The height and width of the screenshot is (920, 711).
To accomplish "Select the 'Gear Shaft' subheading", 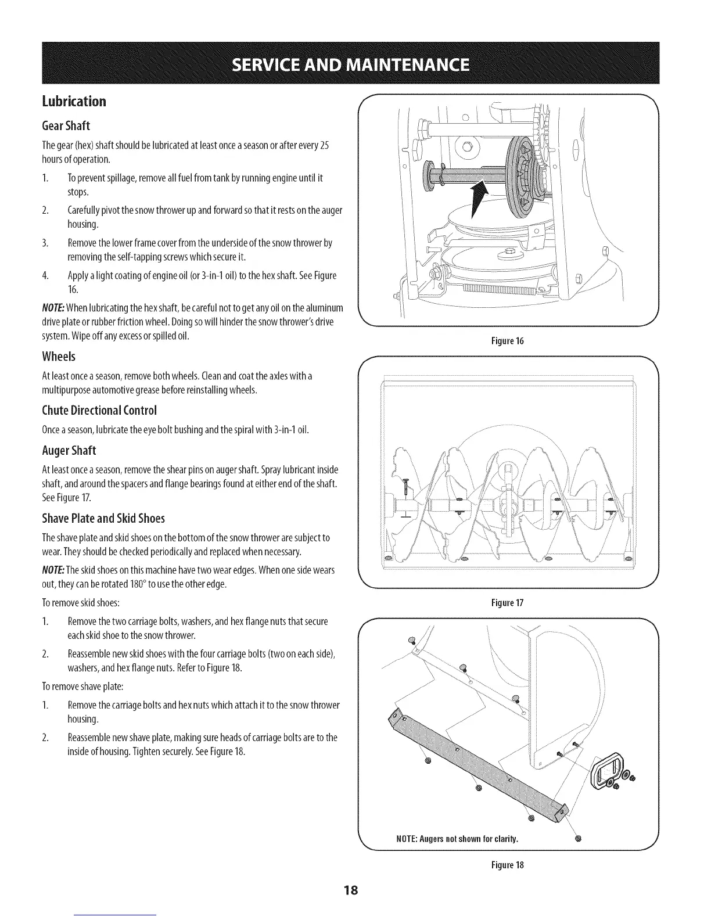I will point(66,125).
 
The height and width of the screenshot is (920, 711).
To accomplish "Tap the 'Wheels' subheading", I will point(59,355).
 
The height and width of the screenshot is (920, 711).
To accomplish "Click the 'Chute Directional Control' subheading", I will point(99,410).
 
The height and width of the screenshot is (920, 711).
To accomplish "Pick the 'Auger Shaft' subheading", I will point(69,450).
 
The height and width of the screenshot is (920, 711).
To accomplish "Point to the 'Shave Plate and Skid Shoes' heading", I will point(103,517).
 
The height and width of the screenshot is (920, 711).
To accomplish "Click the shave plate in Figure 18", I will point(476,761).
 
